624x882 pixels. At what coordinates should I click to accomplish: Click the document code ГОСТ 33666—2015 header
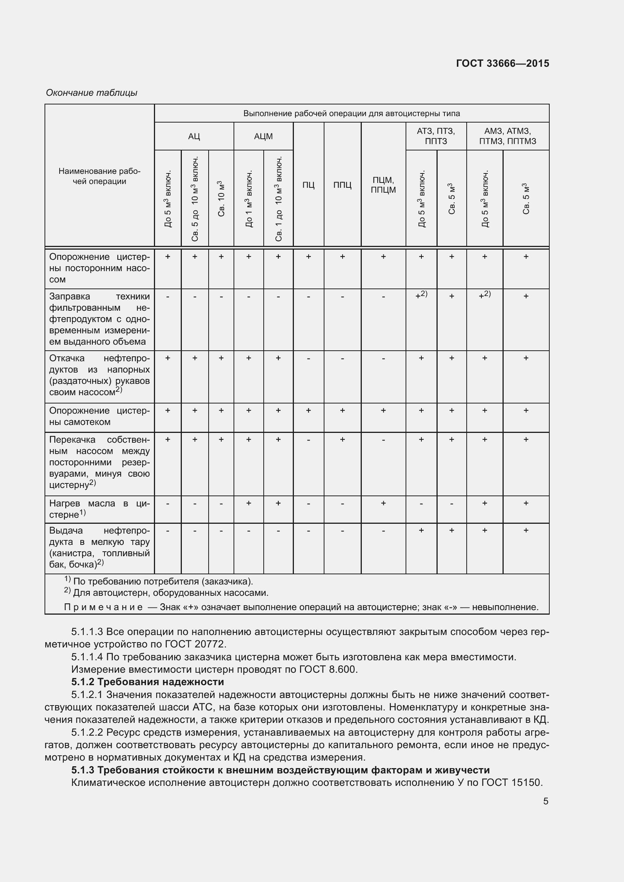[x=502, y=63]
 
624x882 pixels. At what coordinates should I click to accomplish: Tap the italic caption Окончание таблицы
[x=91, y=93]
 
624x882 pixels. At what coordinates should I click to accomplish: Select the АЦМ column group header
[x=263, y=137]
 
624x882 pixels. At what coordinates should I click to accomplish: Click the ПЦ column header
[x=308, y=185]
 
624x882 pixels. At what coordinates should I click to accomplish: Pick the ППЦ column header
[x=342, y=185]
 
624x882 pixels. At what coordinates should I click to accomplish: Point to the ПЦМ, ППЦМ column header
[x=383, y=185]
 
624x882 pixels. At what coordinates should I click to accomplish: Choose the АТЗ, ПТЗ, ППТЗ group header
[x=436, y=136]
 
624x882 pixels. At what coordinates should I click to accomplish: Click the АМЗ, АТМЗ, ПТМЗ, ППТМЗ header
[x=507, y=136]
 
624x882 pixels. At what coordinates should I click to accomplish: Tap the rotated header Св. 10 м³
[x=221, y=198]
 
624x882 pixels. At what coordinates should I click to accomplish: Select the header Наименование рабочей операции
[x=100, y=176]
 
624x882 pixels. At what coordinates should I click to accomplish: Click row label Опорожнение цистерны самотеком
[x=100, y=416]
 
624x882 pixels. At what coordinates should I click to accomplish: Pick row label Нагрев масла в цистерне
[x=100, y=509]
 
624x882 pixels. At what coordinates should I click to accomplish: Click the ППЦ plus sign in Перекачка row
[x=342, y=439]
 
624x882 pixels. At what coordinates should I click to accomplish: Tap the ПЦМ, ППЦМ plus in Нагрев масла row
[x=383, y=503]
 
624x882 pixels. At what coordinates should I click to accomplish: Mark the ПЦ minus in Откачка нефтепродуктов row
[x=308, y=358]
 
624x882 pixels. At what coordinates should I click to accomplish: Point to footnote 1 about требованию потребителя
[x=158, y=581]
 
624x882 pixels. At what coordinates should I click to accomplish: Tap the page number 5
[x=546, y=801]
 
